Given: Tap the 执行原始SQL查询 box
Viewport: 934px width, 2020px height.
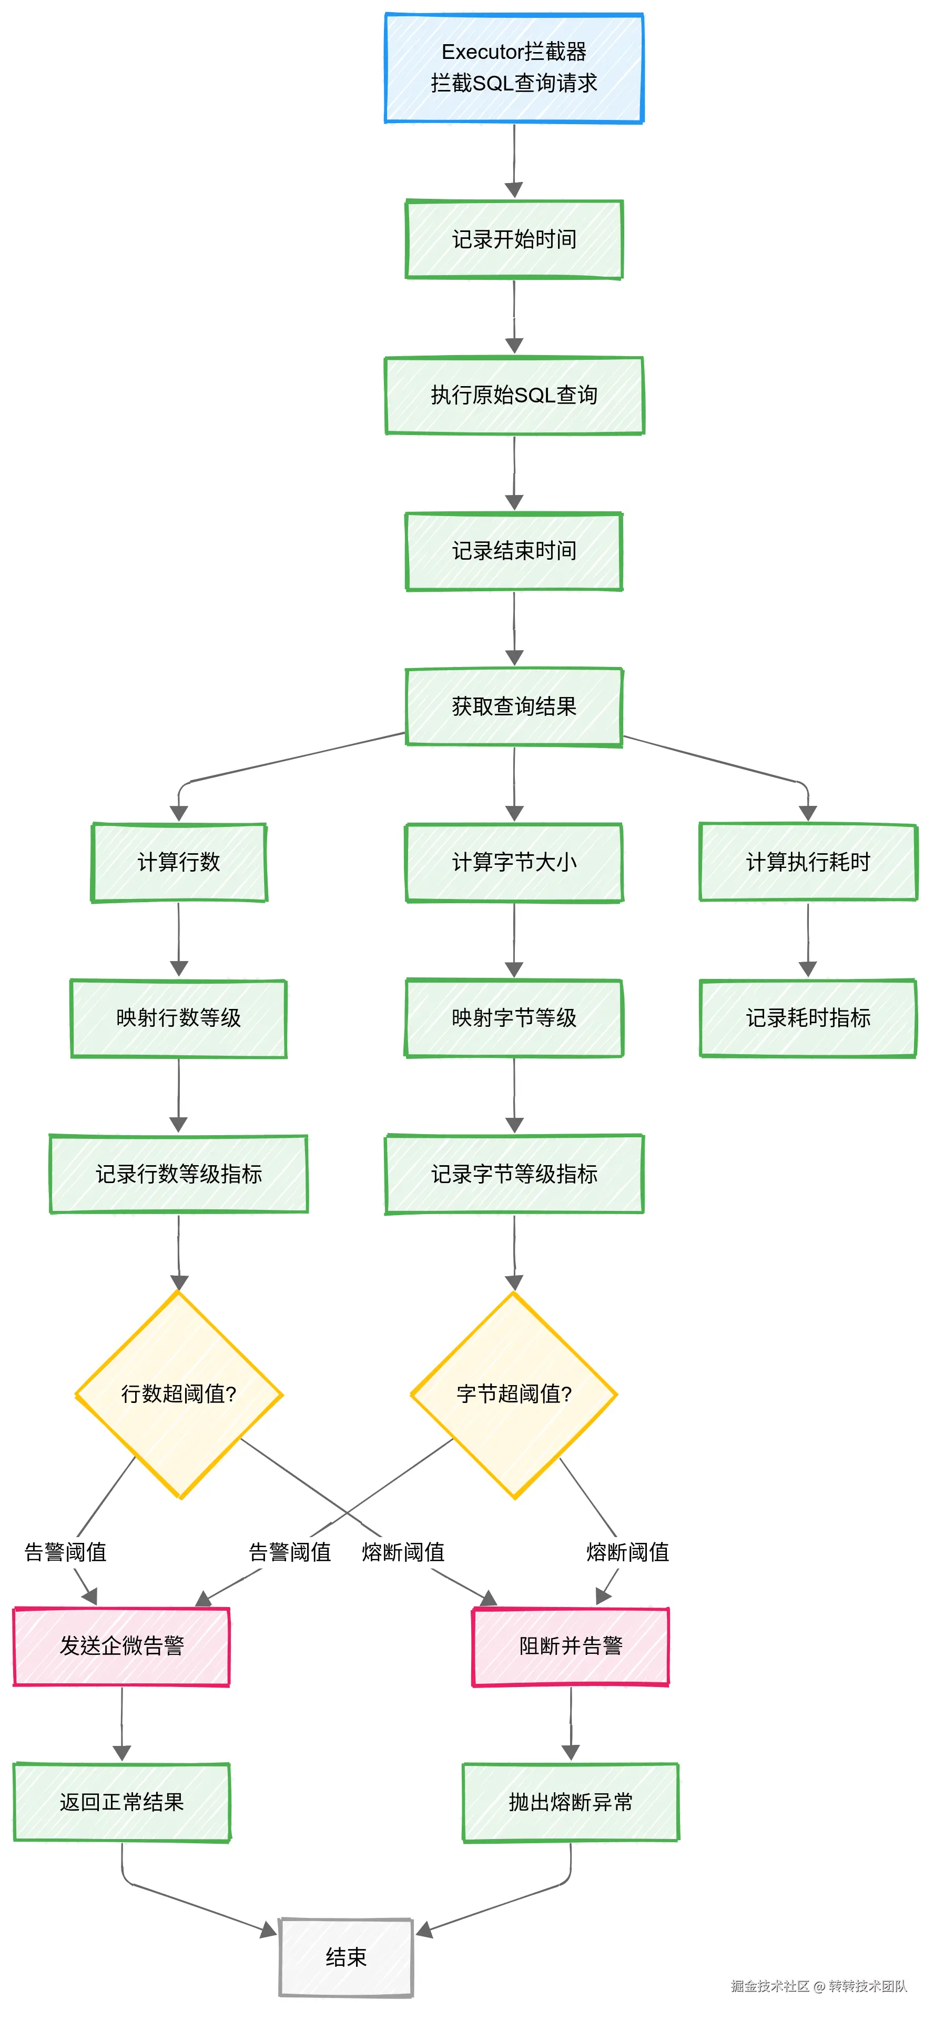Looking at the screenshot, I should [514, 395].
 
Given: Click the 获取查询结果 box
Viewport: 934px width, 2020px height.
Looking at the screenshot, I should [514, 706].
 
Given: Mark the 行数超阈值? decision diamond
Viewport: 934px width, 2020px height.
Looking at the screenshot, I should [179, 1394].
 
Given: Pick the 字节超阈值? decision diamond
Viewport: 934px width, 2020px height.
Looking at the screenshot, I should [514, 1394].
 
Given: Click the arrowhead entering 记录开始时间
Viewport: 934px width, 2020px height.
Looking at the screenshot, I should [514, 190].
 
